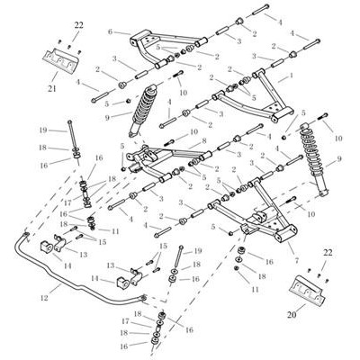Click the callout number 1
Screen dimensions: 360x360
pyautogui.click(x=291, y=76)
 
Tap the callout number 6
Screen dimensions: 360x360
pyautogui.click(x=110, y=31)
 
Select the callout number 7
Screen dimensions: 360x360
pyautogui.click(x=297, y=261)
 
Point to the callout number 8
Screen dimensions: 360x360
pyautogui.click(x=204, y=140)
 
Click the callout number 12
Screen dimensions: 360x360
pyautogui.click(x=44, y=298)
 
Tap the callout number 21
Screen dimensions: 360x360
pyautogui.click(x=52, y=88)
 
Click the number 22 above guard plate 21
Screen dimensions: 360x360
pyautogui.click(x=78, y=25)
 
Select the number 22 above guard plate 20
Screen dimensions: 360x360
pyautogui.click(x=328, y=253)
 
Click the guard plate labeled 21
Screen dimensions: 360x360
pyautogui.click(x=64, y=60)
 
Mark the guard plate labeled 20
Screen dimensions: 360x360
pyautogui.click(x=307, y=289)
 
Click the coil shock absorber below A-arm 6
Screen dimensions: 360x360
pyautogui.click(x=143, y=111)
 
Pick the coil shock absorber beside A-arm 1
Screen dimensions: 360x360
pyautogui.click(x=312, y=159)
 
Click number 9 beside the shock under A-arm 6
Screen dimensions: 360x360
pyautogui.click(x=108, y=118)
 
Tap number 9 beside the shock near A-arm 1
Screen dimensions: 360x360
pyautogui.click(x=339, y=159)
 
